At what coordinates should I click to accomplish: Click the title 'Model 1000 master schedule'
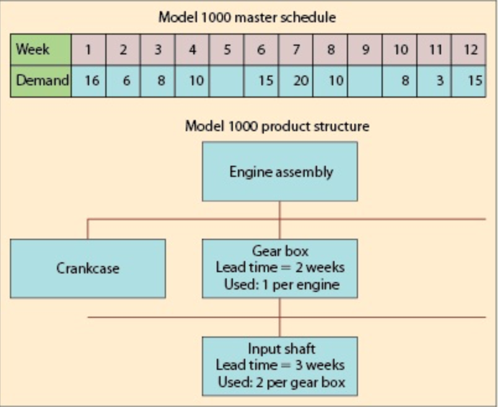248,17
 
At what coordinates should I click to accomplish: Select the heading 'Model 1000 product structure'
277,127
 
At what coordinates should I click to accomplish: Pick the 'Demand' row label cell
41,82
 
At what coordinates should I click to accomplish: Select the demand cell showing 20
296,82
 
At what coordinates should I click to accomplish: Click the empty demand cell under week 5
227,82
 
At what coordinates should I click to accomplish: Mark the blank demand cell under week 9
365,82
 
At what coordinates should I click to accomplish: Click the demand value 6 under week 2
124,82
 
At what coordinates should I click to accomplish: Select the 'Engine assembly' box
280,171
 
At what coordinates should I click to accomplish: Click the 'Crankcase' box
88,268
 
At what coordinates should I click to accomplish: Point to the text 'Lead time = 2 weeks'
280,268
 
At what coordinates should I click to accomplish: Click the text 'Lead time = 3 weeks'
280,365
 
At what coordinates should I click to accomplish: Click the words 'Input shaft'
280,349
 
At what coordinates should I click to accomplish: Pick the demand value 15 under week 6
262,82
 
